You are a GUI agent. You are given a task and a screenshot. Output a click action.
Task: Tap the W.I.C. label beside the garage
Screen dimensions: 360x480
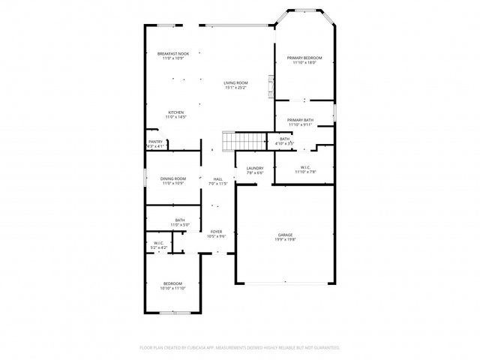[x=304, y=169]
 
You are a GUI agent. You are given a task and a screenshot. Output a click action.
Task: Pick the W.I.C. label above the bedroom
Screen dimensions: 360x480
[x=159, y=244]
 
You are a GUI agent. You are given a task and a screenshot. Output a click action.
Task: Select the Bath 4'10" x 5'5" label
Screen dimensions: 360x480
[x=285, y=140]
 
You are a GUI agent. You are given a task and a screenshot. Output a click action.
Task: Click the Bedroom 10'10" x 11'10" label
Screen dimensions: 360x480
[x=172, y=286]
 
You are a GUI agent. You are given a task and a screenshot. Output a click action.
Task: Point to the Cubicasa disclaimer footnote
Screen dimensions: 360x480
[x=240, y=348]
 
